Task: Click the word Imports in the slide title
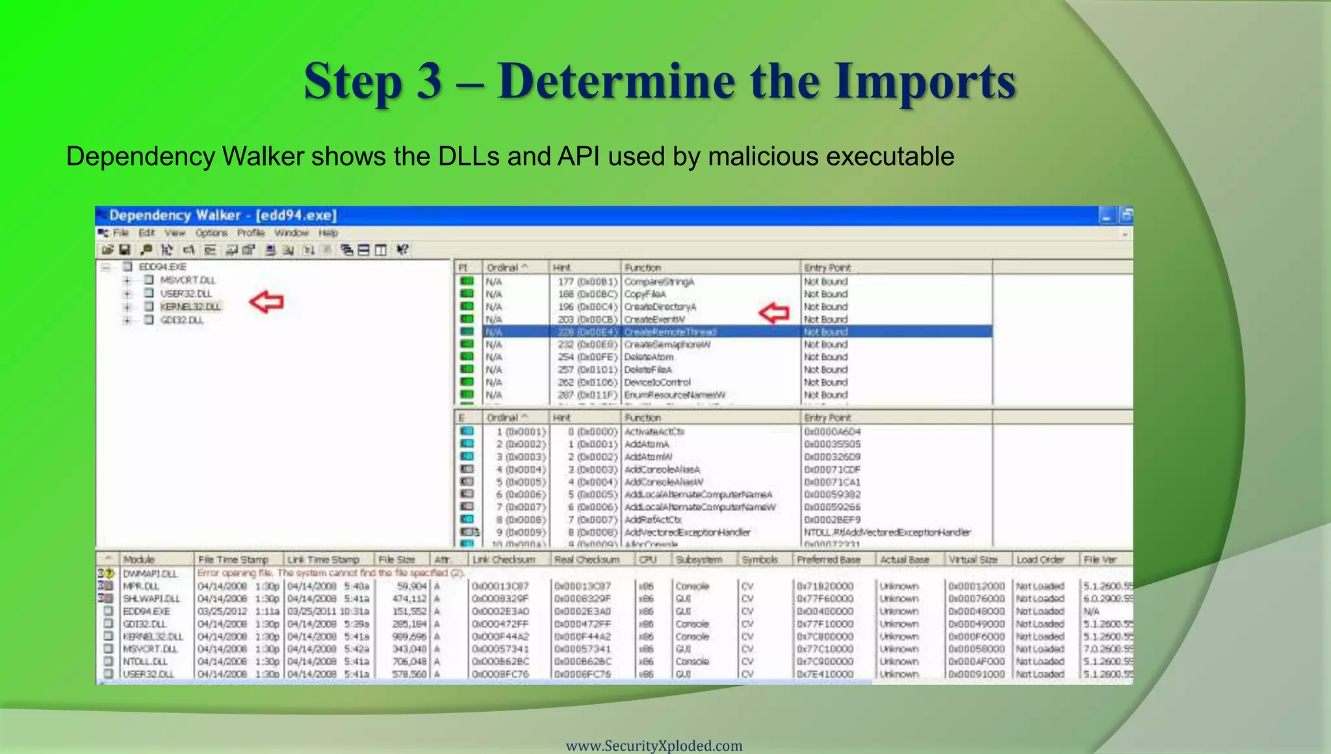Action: tap(925, 82)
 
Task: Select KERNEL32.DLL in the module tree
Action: tap(190, 307)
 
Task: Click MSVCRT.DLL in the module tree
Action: tap(188, 280)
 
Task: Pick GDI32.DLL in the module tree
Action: tap(182, 320)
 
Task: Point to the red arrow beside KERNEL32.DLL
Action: tap(266, 302)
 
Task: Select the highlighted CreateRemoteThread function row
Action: tap(669, 332)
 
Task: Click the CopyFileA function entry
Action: tap(645, 294)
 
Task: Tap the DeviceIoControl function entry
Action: tap(657, 383)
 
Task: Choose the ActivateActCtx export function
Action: tap(654, 432)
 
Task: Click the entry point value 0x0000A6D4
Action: tap(832, 432)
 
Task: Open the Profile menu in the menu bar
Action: tap(250, 232)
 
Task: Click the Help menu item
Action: tap(328, 232)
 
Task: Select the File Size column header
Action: tap(396, 559)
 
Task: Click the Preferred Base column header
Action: tap(828, 559)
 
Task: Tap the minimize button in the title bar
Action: tap(1106, 216)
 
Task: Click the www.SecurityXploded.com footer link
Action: tap(654, 746)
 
